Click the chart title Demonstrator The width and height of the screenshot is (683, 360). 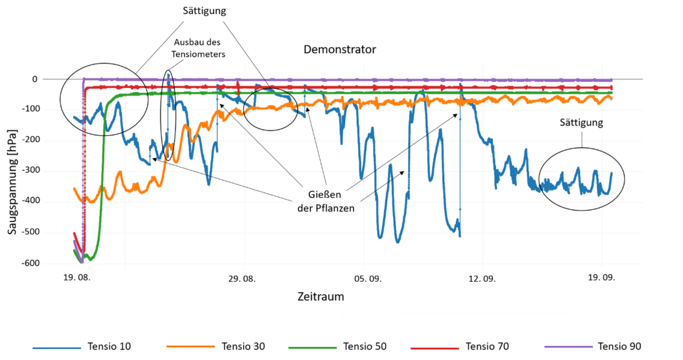tap(339, 49)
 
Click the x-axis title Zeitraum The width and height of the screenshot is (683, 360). tap(320, 297)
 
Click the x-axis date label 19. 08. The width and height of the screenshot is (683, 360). tap(77, 278)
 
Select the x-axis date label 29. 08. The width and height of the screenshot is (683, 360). tap(242, 278)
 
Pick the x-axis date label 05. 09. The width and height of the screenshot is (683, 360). tap(368, 278)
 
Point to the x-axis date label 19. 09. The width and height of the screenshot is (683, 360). tap(601, 278)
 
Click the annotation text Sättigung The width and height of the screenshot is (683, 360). tap(581, 122)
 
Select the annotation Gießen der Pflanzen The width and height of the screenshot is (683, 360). tap(323, 202)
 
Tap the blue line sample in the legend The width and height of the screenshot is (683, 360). tap(57, 348)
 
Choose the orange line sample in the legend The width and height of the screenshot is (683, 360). tap(190, 346)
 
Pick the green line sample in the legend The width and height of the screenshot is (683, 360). tap(312, 348)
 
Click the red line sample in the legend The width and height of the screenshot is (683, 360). tap(434, 348)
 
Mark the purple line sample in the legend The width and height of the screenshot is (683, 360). tap(569, 346)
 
